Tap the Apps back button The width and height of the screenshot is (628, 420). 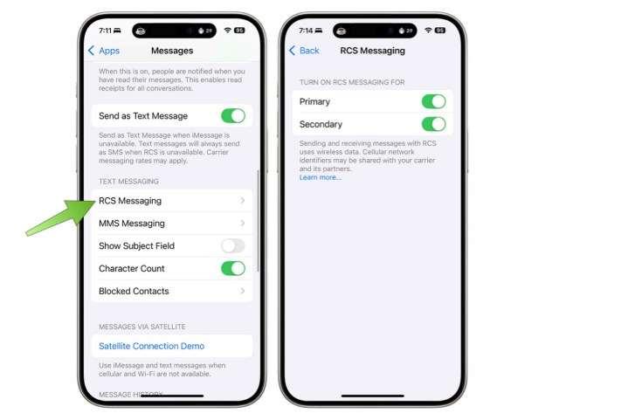coord(104,51)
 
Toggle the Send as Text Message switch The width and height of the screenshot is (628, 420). coord(232,116)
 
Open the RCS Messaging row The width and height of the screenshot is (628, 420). coord(171,201)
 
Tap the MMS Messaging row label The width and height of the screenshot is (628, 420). coord(132,224)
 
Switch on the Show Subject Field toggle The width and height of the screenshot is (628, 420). coord(232,246)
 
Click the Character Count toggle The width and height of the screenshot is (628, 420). coord(232,269)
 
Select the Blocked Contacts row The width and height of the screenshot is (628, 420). coord(171,292)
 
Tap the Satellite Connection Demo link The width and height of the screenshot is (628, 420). coord(151,346)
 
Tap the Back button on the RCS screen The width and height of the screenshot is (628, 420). coord(304,51)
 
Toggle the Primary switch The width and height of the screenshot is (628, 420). coord(433,102)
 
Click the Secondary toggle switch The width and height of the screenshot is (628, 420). coord(433,125)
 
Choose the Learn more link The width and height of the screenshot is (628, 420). coord(320,177)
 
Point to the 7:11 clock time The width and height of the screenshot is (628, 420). coord(105,30)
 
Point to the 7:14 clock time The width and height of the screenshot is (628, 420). coord(305,30)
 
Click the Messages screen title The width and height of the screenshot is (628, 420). coord(172,51)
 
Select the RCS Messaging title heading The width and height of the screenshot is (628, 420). coord(372,51)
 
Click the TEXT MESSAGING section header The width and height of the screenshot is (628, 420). coord(128,182)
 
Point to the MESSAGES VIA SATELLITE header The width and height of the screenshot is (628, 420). coord(141,327)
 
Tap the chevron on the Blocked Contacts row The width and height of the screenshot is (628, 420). coord(242,292)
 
